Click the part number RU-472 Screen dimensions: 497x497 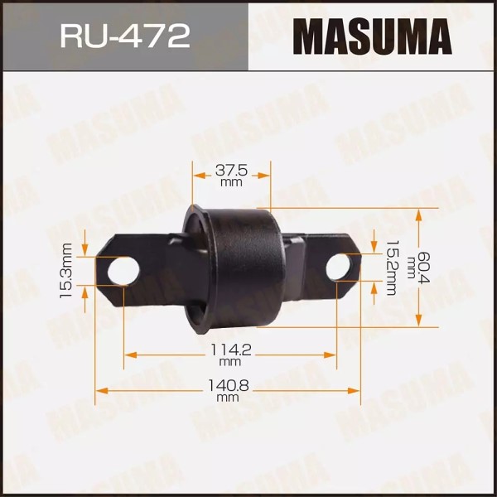(x=124, y=36)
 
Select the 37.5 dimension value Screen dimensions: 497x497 (x=231, y=170)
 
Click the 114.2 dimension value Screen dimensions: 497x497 (x=230, y=350)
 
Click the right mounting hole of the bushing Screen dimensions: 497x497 (x=337, y=267)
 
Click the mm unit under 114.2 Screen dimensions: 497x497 (x=230, y=363)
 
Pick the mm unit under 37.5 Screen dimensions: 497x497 (x=231, y=182)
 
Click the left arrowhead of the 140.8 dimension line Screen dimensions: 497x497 (x=100, y=389)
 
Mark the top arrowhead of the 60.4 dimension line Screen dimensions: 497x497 (x=420, y=214)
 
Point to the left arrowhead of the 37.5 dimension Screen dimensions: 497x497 (x=197, y=175)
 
